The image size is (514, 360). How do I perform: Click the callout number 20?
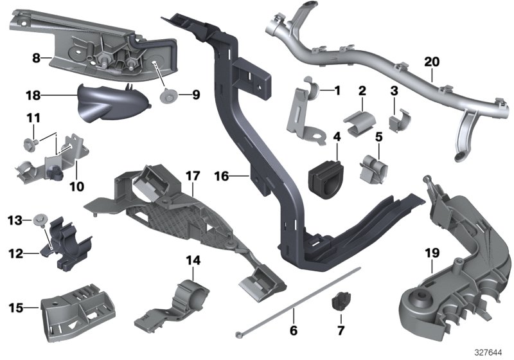pos(432,62)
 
